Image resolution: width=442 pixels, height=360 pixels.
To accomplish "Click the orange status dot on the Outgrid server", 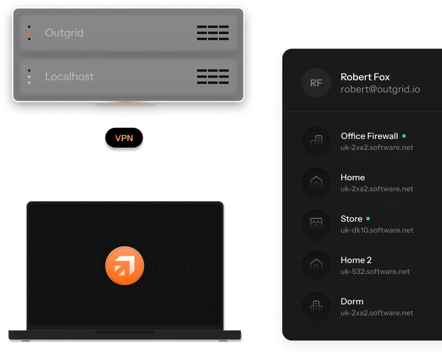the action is click(x=29, y=33).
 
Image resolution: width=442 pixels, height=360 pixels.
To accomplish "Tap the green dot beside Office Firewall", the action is click(x=404, y=136).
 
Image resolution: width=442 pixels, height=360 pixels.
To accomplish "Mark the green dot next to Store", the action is click(x=368, y=219).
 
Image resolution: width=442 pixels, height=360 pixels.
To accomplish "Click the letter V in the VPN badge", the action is click(x=118, y=138).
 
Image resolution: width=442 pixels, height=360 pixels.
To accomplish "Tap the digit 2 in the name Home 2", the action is click(x=369, y=260).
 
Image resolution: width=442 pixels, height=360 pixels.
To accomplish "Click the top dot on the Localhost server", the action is click(x=29, y=71).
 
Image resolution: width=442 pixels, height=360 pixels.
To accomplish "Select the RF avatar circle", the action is click(x=316, y=83).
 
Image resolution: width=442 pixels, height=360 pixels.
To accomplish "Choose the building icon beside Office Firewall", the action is click(x=316, y=140).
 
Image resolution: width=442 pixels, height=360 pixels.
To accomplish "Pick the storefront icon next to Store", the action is click(x=316, y=223).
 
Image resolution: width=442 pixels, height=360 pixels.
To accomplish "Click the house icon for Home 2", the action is click(x=316, y=264).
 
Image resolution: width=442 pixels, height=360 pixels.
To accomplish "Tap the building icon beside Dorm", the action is click(x=316, y=306).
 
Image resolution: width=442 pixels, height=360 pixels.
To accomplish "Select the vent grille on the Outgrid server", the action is click(x=213, y=33).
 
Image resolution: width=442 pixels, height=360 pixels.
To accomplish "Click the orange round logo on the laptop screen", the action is click(x=124, y=266).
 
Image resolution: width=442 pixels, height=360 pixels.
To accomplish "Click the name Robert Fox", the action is click(x=365, y=77).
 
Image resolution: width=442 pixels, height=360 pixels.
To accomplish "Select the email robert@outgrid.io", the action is click(x=380, y=89).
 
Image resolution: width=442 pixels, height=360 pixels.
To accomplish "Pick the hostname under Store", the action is click(x=377, y=230).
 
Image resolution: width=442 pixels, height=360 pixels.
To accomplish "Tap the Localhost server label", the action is click(x=69, y=77).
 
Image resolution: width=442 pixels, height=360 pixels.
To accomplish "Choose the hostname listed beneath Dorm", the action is click(x=377, y=313).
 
